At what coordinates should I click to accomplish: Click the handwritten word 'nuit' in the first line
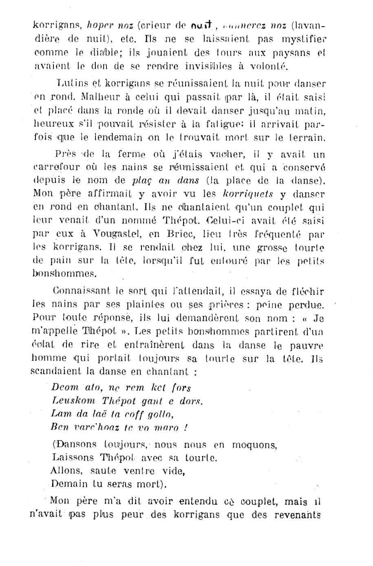(202, 27)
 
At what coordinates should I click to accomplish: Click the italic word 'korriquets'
(249, 194)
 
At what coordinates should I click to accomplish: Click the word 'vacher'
(223, 154)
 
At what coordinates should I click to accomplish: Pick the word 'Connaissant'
(76, 291)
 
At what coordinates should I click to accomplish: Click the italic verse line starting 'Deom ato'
(121, 388)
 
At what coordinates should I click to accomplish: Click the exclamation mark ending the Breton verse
(185, 428)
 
